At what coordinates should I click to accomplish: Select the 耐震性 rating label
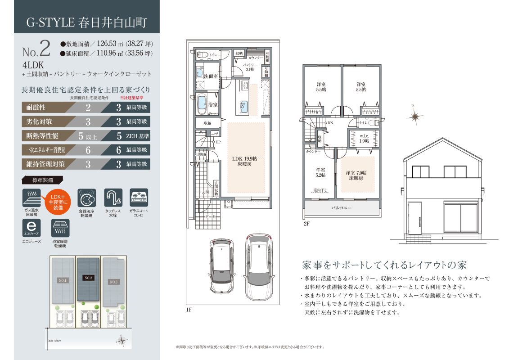point(37,108)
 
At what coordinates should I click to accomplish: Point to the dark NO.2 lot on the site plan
point(88,278)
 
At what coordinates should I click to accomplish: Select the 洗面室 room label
point(211,76)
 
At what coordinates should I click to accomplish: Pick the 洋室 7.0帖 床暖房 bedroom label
point(356,175)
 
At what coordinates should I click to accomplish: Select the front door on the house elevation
point(414,219)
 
